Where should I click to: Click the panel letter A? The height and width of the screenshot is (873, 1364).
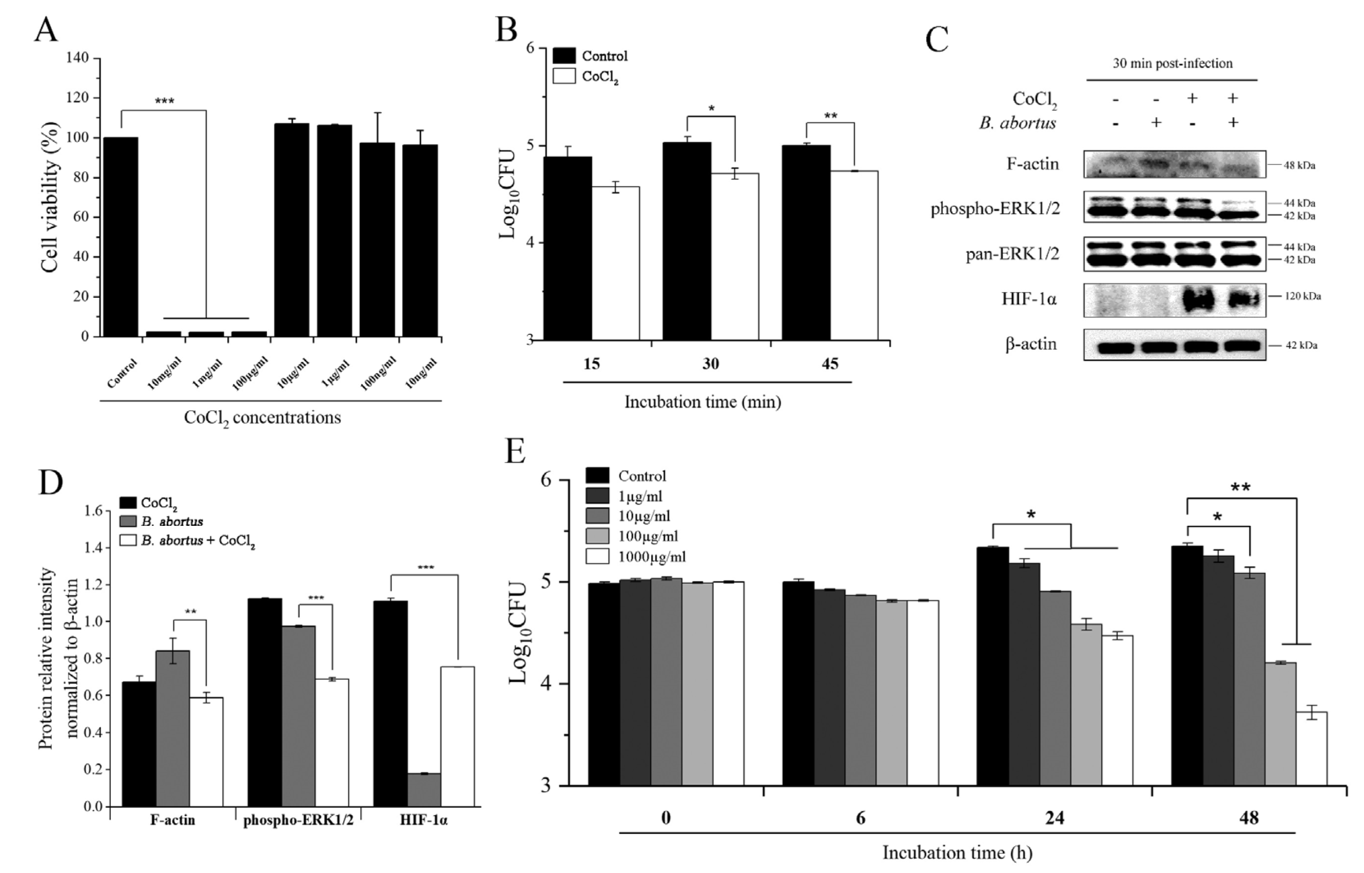coord(46,29)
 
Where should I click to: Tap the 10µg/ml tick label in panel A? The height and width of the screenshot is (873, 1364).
coord(294,372)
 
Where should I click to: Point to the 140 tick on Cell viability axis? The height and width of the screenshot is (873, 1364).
coord(77,58)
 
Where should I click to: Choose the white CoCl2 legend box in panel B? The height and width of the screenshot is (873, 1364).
coord(563,76)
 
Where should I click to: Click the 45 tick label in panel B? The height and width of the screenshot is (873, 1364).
coord(829,364)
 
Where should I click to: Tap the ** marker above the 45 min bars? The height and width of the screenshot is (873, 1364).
coord(830,116)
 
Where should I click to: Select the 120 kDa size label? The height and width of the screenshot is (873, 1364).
coord(1303,296)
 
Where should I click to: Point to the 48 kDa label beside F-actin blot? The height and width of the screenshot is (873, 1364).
coord(1299,166)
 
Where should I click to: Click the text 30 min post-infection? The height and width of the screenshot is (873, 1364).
coord(1172,64)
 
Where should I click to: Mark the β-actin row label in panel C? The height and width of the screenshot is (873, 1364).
coord(1031,344)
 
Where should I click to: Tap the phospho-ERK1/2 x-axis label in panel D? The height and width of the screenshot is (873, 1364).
coord(298,820)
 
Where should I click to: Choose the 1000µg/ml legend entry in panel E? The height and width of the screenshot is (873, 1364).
coord(651,557)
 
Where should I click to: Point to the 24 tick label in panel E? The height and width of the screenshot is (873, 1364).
coord(1054,818)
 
